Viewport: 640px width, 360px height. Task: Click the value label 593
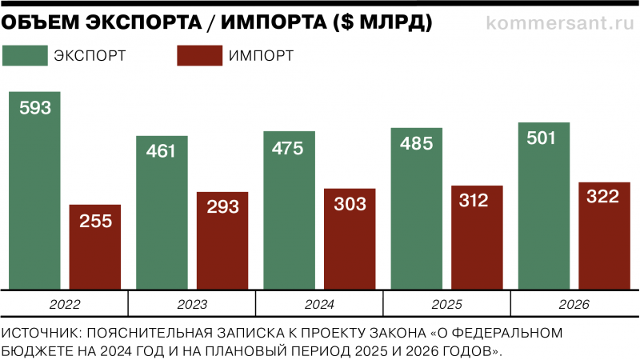pos(34,108)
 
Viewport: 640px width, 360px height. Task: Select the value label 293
pos(222,206)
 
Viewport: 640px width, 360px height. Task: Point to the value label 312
pos(477,201)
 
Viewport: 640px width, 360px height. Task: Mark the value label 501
pos(544,138)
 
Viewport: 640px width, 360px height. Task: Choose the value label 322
pos(603,197)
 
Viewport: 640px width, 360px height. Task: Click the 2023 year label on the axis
pos(192,305)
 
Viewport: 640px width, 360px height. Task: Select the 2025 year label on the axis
pos(447,305)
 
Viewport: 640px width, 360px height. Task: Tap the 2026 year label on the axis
pos(574,305)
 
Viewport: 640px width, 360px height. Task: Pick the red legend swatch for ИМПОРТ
pos(198,55)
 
